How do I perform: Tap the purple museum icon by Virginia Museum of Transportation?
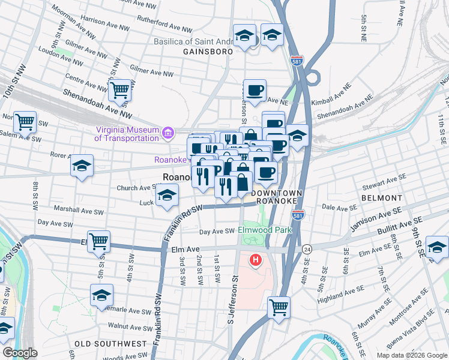[x=167, y=132]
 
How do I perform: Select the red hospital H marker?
[x=256, y=260]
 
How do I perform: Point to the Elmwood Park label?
[x=264, y=230]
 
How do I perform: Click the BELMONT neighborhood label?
[x=381, y=197]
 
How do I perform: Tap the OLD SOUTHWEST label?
[x=110, y=344]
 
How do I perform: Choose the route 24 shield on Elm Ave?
[x=307, y=248]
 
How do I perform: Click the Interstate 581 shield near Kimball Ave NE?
[x=300, y=61]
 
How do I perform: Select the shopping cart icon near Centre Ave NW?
[x=120, y=90]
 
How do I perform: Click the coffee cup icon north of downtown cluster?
[x=255, y=90]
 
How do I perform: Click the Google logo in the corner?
[x=20, y=353]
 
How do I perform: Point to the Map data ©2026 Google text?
[x=412, y=355]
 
